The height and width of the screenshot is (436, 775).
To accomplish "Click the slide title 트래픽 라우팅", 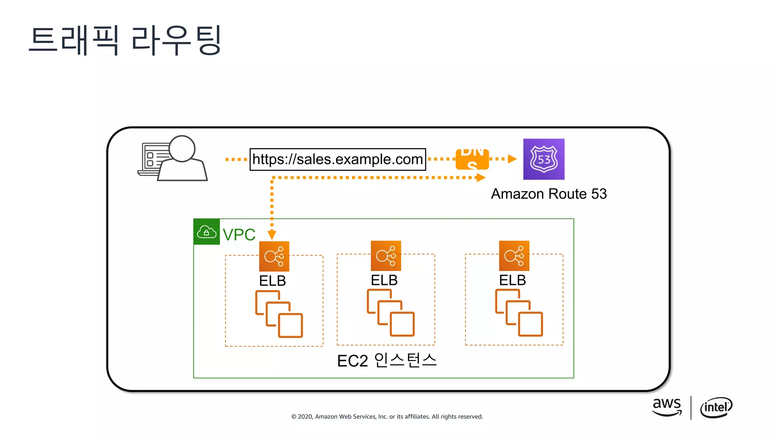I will click(x=125, y=40).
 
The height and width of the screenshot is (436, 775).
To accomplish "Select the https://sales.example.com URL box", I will click(x=338, y=159).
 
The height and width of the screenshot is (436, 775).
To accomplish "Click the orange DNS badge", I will click(x=472, y=159).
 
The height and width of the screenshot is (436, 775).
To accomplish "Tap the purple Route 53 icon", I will click(x=543, y=159).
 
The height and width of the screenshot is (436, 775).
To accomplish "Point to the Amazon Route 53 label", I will click(x=548, y=194).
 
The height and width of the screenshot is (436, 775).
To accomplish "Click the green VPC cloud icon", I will click(x=206, y=232).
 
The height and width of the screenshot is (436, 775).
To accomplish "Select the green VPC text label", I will click(x=239, y=235).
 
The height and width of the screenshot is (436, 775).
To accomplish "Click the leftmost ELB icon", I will click(x=274, y=256).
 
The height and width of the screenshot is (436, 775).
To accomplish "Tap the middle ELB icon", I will click(x=386, y=255).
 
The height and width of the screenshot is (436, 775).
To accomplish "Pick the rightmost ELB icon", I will click(x=514, y=255).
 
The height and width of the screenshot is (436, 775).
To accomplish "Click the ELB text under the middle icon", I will click(x=384, y=280).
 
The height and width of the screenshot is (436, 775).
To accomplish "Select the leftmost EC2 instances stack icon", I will click(x=279, y=314).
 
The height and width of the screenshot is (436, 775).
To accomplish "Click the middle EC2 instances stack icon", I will click(x=391, y=313).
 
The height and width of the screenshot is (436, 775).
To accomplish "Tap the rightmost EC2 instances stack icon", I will click(x=519, y=313).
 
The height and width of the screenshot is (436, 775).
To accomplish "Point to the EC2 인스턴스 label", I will click(x=387, y=360).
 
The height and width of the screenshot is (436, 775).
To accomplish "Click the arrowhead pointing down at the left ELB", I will click(x=272, y=235).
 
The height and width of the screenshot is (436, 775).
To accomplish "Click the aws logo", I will click(x=667, y=407).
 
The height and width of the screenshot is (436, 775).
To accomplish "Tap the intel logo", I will click(x=716, y=408).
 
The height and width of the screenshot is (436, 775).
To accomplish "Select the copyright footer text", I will click(x=387, y=416).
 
